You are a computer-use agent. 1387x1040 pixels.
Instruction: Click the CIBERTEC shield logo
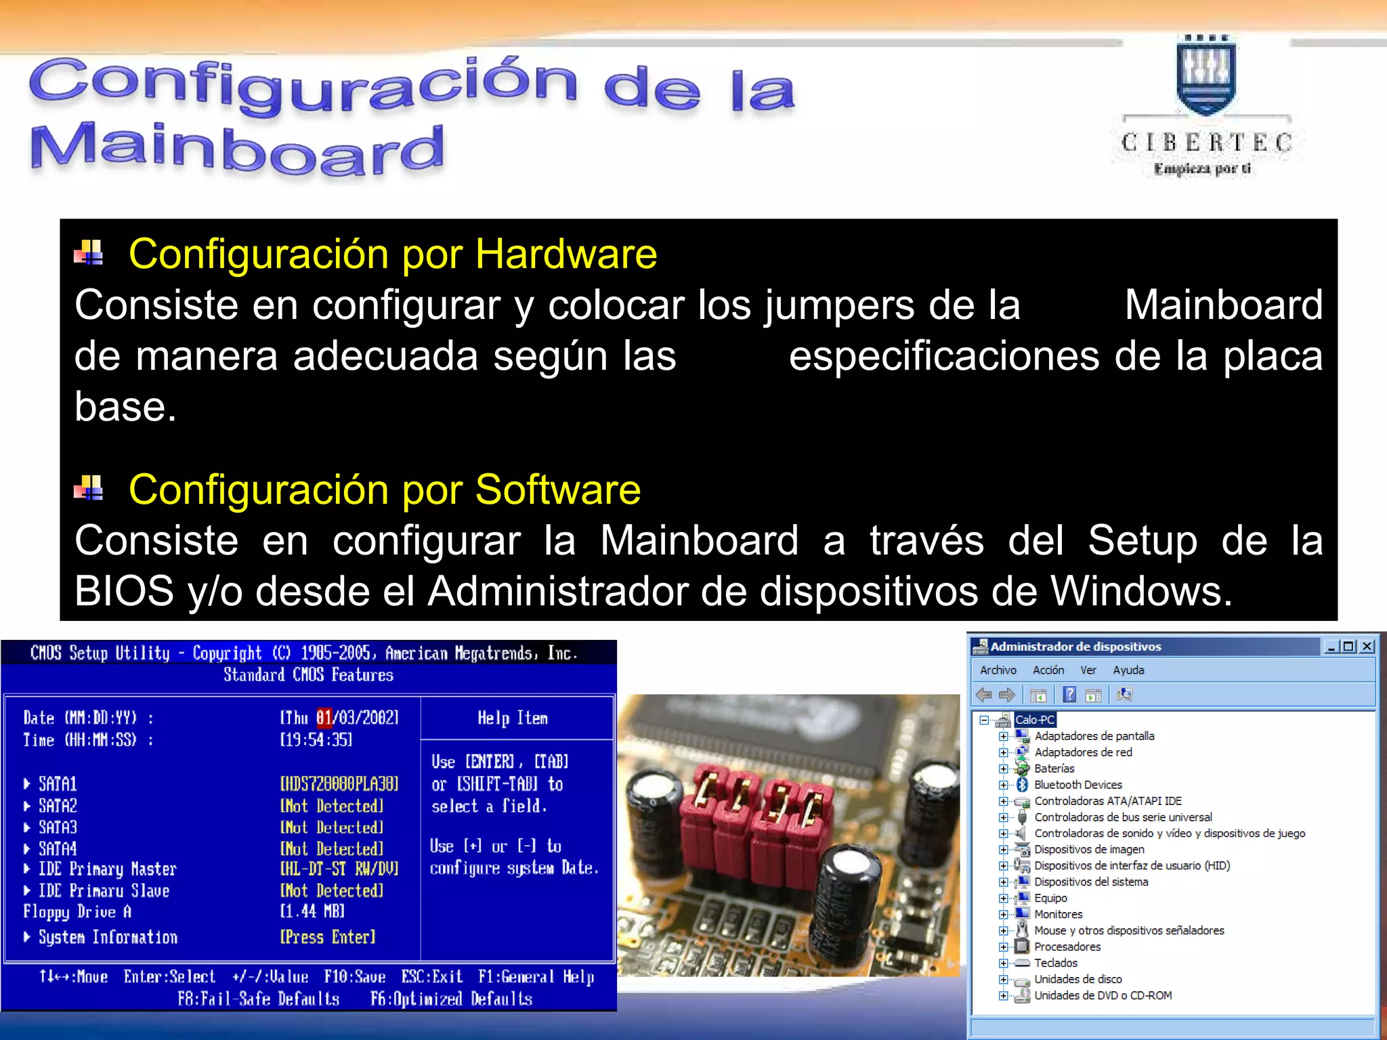1205,78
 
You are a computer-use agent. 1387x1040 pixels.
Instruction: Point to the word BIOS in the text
124,591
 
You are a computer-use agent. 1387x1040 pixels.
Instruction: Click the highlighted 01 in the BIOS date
324,718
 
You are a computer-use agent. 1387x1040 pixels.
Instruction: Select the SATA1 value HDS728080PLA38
339,784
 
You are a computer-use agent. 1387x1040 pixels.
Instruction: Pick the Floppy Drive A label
77,912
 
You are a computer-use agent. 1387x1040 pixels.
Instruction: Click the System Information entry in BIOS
108,937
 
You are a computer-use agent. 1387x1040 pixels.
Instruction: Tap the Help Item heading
513,718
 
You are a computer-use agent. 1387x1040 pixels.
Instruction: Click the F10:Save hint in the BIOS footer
354,977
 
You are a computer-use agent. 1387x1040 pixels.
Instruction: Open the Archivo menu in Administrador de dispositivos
998,670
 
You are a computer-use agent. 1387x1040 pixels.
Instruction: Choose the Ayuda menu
1128,670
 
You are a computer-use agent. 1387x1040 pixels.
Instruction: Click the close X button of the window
1367,647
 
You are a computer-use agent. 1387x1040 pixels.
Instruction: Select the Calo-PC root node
1035,720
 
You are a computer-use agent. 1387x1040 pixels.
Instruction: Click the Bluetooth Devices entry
1077,785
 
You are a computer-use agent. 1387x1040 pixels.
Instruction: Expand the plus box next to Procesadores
1004,947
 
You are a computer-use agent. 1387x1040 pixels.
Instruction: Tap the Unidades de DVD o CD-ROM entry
1103,995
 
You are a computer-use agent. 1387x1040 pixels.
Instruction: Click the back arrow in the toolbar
984,695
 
